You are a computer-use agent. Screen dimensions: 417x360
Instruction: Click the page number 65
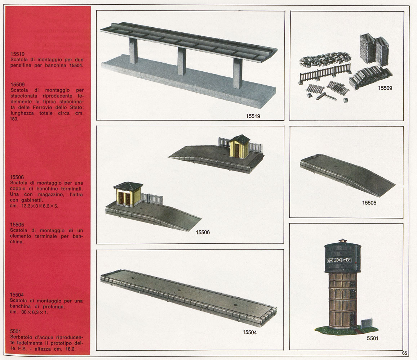404,353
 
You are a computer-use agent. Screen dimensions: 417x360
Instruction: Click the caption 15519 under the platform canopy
253,116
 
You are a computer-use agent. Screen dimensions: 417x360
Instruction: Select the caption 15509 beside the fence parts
385,88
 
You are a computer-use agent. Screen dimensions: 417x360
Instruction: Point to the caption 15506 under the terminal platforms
203,233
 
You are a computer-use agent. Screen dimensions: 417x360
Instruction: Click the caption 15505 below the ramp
369,203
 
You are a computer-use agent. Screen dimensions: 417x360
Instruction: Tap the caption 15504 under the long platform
249,332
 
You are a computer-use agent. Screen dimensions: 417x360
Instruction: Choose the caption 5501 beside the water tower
372,338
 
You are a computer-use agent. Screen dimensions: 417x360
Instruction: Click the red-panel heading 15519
18,54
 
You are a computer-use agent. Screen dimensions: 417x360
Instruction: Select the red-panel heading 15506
17,177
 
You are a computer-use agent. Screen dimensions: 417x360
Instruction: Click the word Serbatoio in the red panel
21,337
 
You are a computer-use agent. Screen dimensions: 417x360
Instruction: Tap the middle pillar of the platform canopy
182,61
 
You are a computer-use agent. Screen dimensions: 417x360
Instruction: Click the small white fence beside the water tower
367,323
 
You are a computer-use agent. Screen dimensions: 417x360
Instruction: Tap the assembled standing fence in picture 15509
325,72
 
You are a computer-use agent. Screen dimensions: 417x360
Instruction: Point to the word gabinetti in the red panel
32,200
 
